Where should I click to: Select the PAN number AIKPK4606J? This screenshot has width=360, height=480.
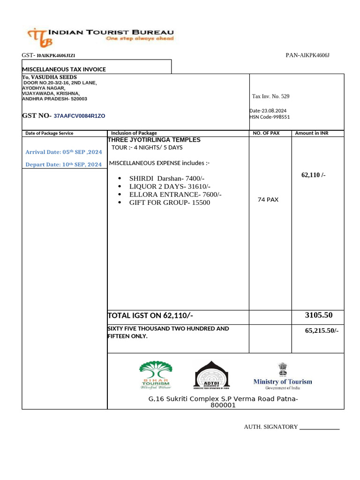click(x=307, y=55)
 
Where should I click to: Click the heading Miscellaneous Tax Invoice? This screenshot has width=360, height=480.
click(x=64, y=69)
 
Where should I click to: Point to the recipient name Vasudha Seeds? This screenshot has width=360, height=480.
click(x=50, y=77)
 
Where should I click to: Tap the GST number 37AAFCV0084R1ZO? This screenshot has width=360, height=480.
click(x=79, y=116)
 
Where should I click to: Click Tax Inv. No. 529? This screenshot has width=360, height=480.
click(x=270, y=96)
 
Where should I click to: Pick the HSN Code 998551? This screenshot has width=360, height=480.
click(x=270, y=117)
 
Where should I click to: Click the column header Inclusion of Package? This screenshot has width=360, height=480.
click(x=134, y=133)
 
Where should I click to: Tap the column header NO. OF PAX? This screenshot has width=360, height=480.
click(x=266, y=133)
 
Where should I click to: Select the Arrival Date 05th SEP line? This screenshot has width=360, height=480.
click(x=63, y=152)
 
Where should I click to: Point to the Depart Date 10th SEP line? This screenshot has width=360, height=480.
click(x=63, y=165)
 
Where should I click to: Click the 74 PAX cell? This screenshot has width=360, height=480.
click(x=268, y=200)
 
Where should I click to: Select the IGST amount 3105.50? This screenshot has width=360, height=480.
click(x=318, y=315)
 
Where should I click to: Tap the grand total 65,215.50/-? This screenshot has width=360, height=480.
click(x=321, y=330)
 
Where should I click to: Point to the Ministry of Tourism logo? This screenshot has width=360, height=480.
click(x=282, y=375)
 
